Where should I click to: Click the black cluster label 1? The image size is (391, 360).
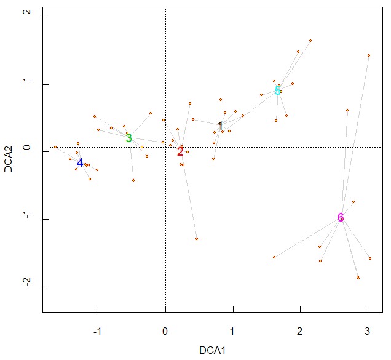(x=220, y=126)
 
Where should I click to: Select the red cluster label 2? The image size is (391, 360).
(x=180, y=151)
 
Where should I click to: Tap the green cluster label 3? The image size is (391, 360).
(x=128, y=138)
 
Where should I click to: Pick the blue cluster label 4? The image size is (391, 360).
(x=80, y=163)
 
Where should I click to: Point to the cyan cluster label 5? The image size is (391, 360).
(x=278, y=91)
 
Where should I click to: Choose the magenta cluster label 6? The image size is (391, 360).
(x=341, y=217)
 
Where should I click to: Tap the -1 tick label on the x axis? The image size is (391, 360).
(x=97, y=331)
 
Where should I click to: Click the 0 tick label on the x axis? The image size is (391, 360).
(x=165, y=331)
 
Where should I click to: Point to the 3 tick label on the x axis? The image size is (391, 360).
(x=368, y=331)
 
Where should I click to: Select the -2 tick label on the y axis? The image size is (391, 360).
(x=25, y=287)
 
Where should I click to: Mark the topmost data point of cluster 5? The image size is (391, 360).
(x=310, y=41)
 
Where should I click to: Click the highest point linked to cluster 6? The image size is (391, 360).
(x=369, y=55)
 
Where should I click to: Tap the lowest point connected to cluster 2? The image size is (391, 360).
(x=197, y=239)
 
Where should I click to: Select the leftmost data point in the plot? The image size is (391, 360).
(x=55, y=147)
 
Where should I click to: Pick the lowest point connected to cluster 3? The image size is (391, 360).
(x=133, y=180)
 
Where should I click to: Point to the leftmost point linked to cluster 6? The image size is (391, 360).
(x=274, y=257)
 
